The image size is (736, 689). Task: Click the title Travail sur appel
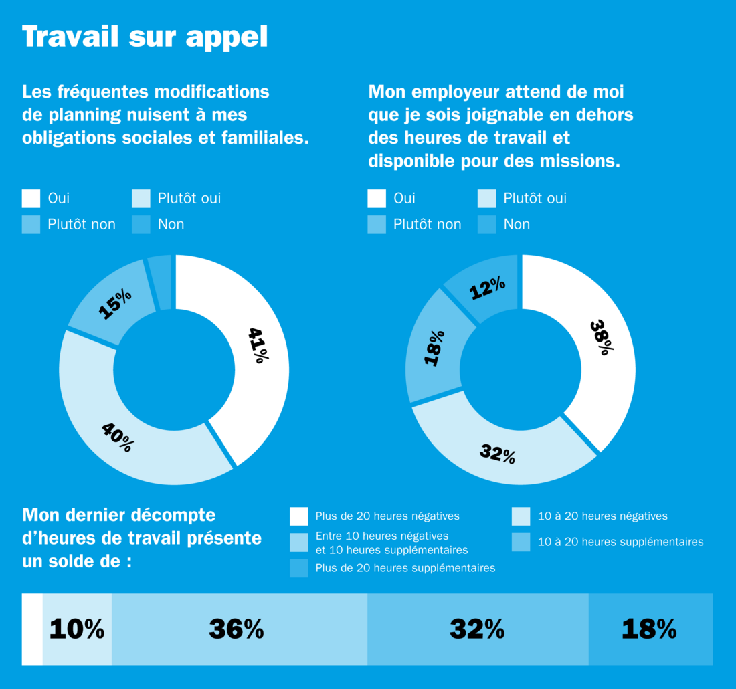pyautogui.click(x=145, y=37)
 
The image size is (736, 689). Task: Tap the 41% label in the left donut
pyautogui.click(x=258, y=344)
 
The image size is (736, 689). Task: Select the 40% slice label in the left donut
pyautogui.click(x=118, y=437)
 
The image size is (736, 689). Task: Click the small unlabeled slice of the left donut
pyautogui.click(x=161, y=282)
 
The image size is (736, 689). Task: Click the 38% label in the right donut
pyautogui.click(x=602, y=336)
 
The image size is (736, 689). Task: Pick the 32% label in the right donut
pyautogui.click(x=497, y=454)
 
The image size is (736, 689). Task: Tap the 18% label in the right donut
pyautogui.click(x=434, y=347)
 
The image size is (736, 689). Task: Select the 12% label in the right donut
pyautogui.click(x=487, y=289)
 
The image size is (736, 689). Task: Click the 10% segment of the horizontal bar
pyautogui.click(x=77, y=629)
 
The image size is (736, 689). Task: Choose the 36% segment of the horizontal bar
pyautogui.click(x=236, y=629)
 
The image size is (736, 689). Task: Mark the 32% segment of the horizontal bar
pyautogui.click(x=476, y=629)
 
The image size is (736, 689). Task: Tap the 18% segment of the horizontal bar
pyautogui.click(x=649, y=629)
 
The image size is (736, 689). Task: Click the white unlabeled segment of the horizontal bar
pyautogui.click(x=32, y=629)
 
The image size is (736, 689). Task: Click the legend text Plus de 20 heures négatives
pyautogui.click(x=387, y=516)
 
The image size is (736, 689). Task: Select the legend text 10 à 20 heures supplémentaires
pyautogui.click(x=620, y=542)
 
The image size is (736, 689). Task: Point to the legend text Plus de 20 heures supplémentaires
pyautogui.click(x=405, y=568)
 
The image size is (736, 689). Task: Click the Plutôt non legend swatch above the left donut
pyautogui.click(x=31, y=225)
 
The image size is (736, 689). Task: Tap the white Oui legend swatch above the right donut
pyautogui.click(x=377, y=199)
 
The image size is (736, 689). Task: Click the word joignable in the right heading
pyautogui.click(x=493, y=115)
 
